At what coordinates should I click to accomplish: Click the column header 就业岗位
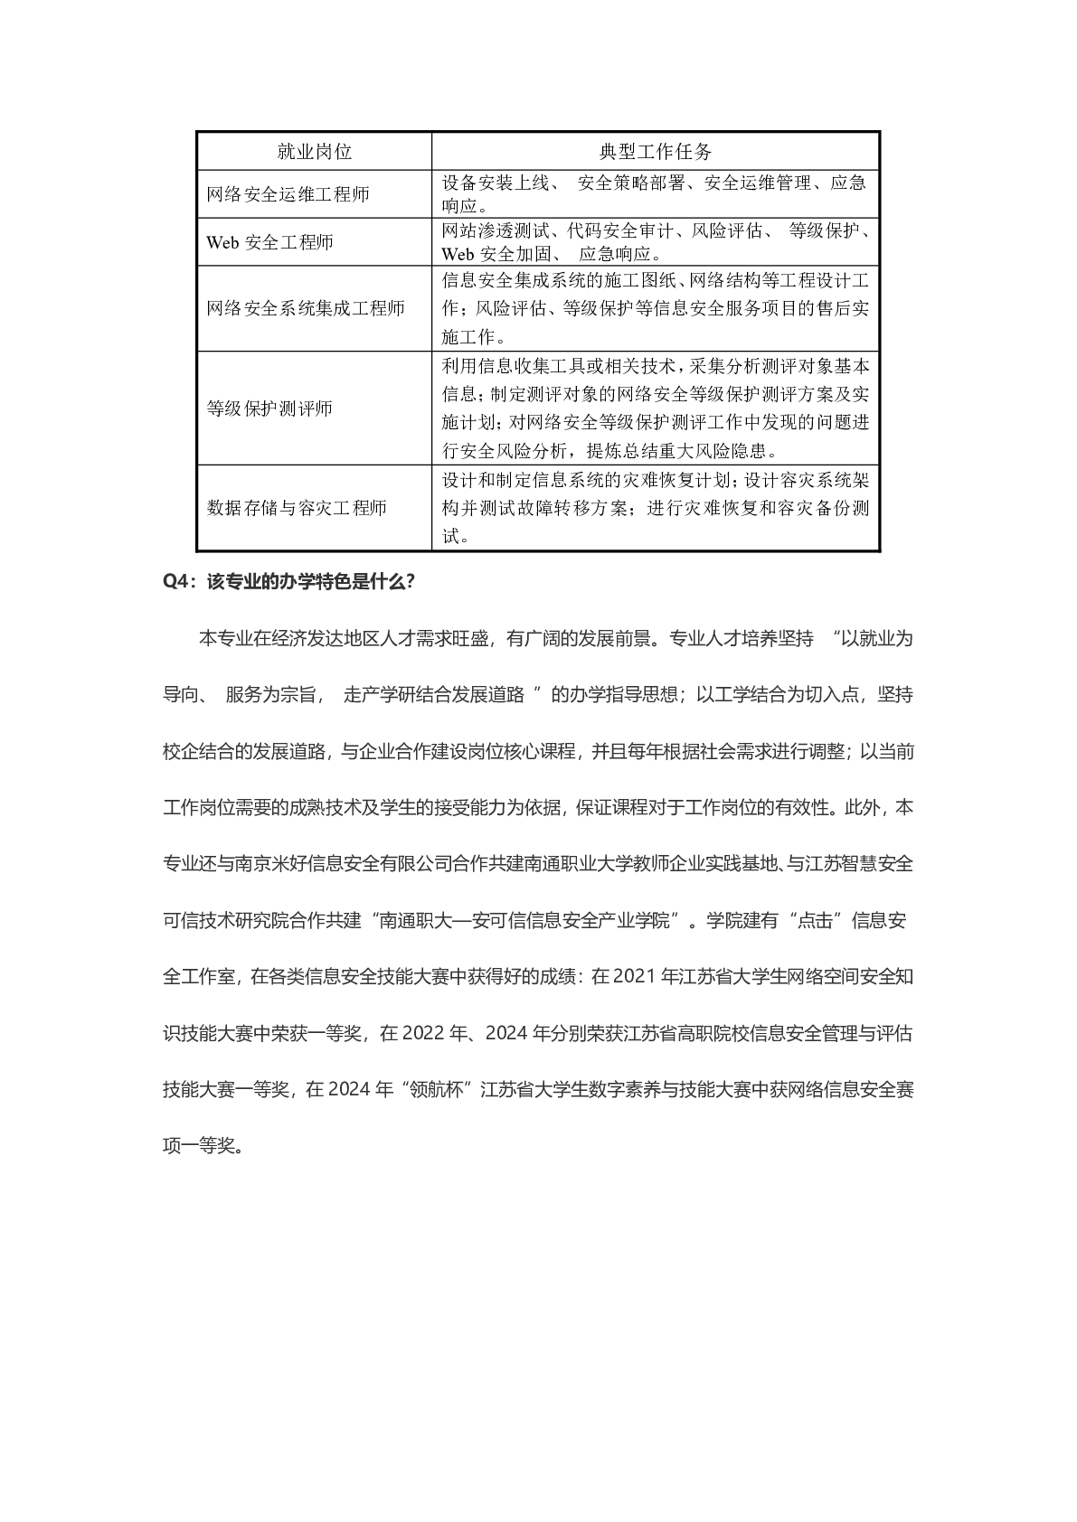click(x=314, y=152)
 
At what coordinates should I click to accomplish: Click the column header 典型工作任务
click(x=656, y=152)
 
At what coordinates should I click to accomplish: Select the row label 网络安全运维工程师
click(x=288, y=194)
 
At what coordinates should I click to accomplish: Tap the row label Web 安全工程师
click(x=269, y=242)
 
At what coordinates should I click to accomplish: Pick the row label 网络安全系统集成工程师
click(x=306, y=308)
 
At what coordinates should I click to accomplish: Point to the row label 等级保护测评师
click(x=269, y=409)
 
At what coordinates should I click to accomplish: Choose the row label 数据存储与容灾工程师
click(x=297, y=508)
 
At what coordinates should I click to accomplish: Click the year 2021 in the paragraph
click(x=632, y=977)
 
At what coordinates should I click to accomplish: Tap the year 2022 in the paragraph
click(x=422, y=1033)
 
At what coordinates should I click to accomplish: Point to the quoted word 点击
click(x=816, y=921)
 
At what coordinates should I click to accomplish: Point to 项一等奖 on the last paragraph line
click(x=198, y=1146)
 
